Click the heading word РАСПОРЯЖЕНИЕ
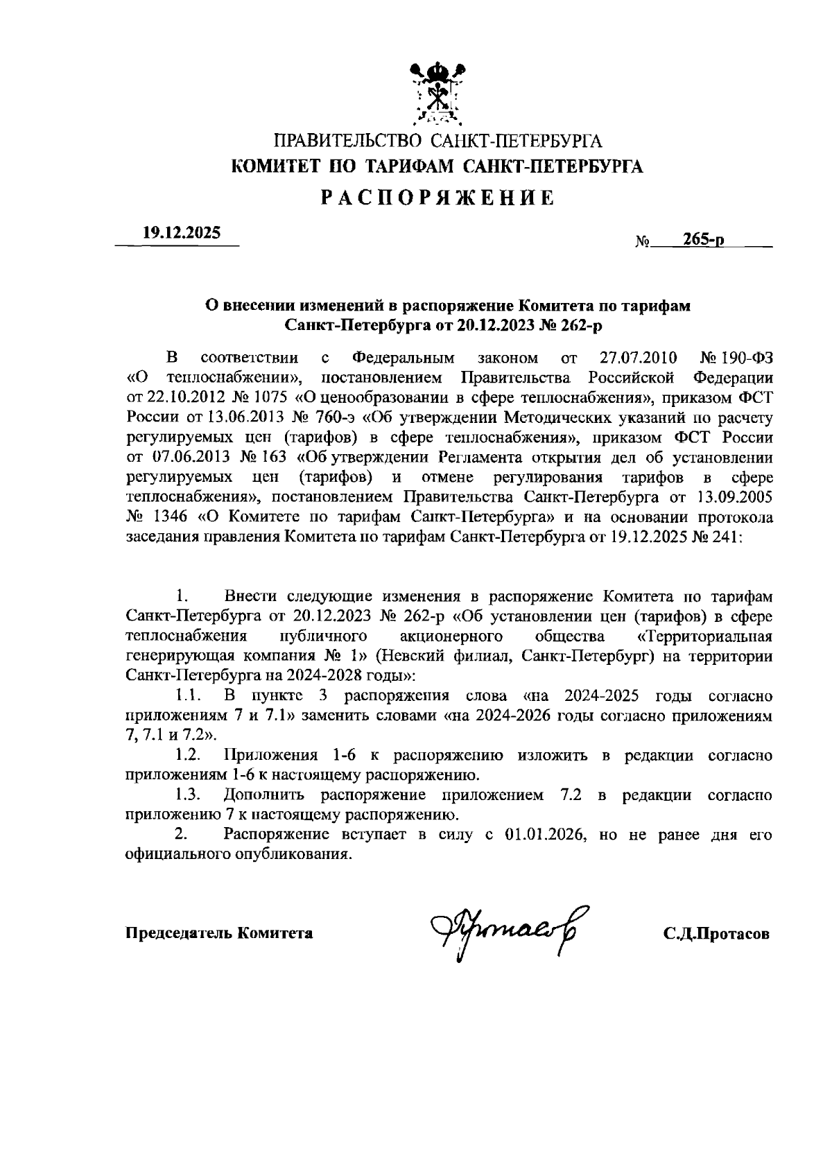[437, 198]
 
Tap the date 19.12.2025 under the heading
[182, 234]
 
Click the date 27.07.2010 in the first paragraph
[637, 358]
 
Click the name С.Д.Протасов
[716, 934]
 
